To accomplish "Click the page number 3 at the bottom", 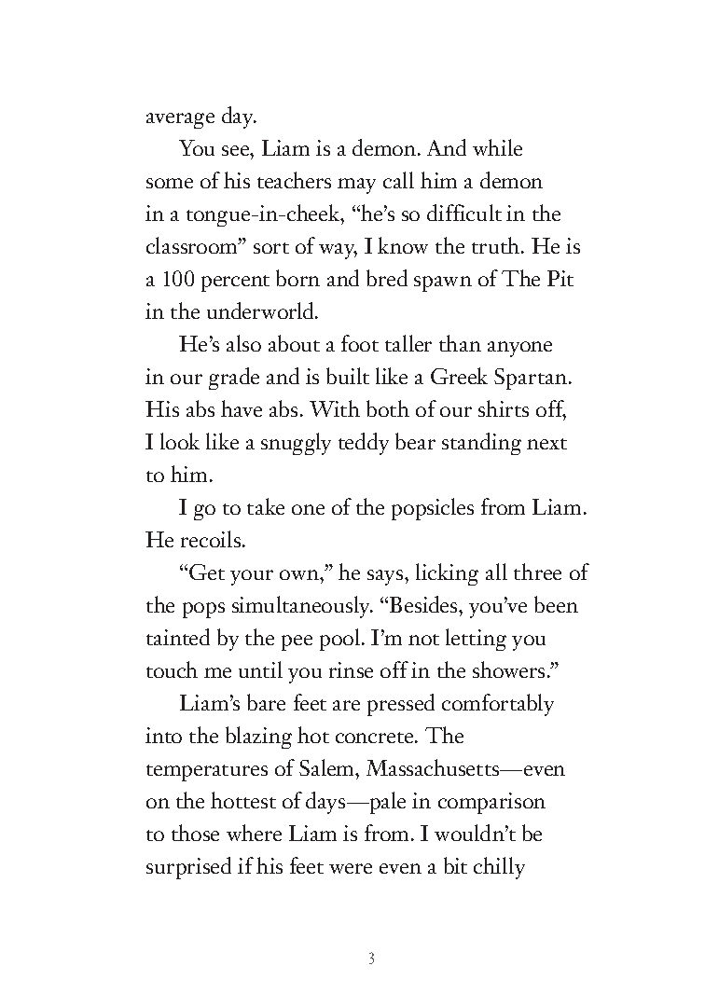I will (x=371, y=959).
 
